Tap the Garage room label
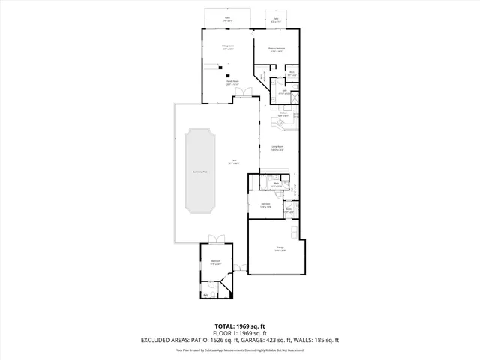click(x=278, y=248)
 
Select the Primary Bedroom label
click(x=277, y=50)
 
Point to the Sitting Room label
click(x=227, y=47)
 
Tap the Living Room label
click(x=277, y=148)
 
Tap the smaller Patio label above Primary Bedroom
click(x=276, y=19)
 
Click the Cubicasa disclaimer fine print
click(x=240, y=349)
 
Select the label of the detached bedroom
click(x=214, y=262)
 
